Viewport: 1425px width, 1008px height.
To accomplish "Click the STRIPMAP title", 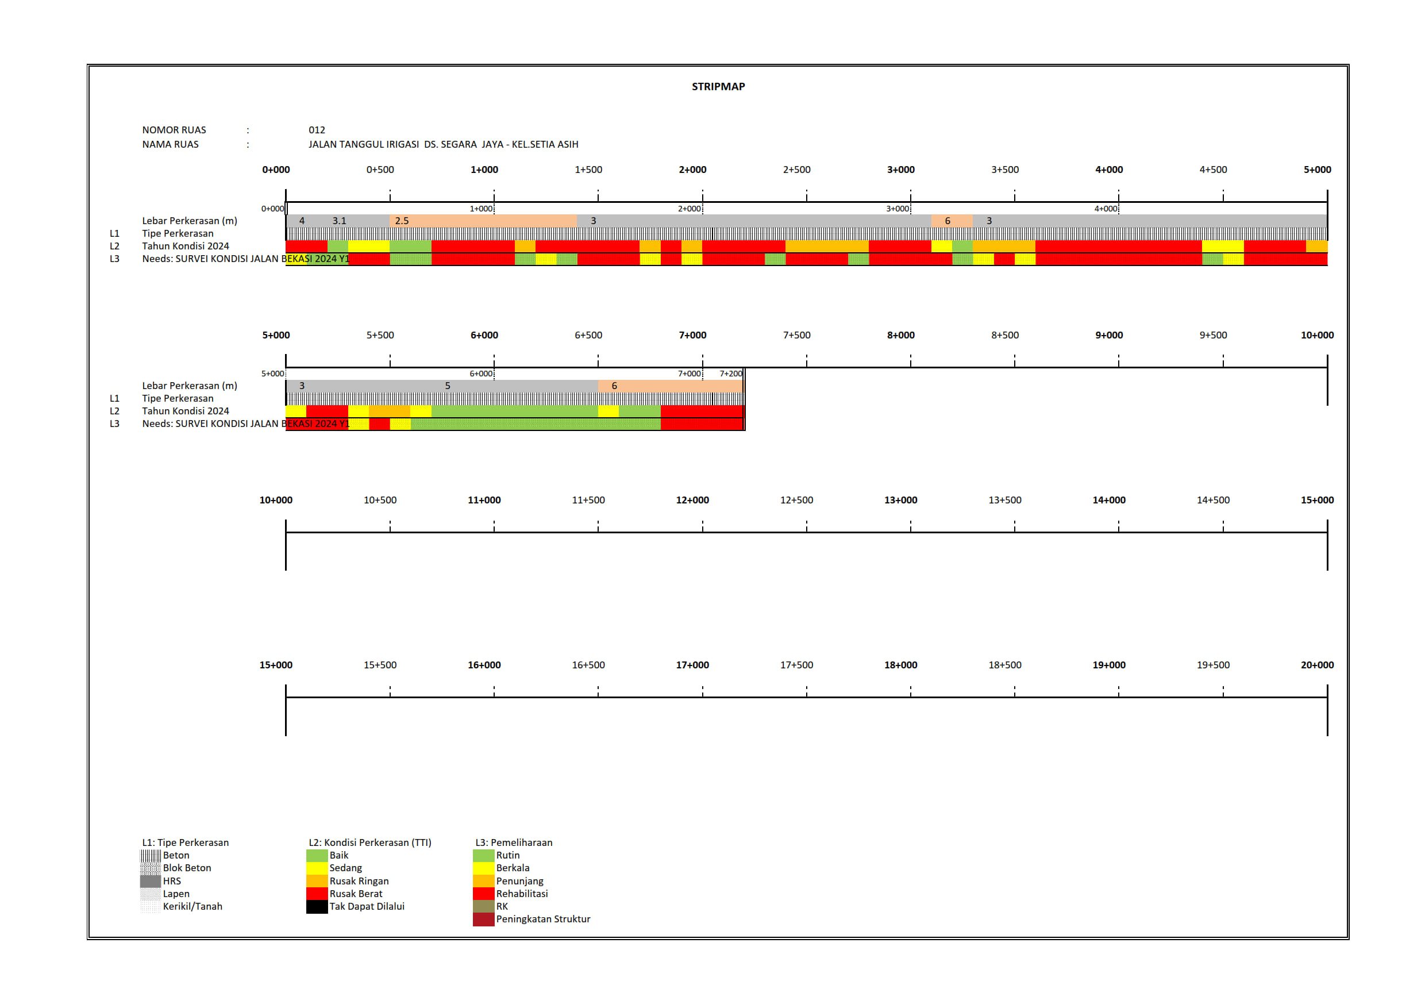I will [718, 86].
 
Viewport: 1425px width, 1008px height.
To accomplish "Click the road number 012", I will [317, 130].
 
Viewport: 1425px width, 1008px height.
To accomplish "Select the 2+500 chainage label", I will [796, 170].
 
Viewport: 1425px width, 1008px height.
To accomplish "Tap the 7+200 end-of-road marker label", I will [730, 374].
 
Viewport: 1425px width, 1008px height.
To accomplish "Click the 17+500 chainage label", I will [796, 665].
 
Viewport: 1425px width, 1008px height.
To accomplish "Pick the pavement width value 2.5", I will [402, 221].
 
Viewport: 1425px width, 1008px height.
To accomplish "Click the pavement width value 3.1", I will [339, 221].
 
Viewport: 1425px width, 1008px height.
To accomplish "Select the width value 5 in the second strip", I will [448, 386].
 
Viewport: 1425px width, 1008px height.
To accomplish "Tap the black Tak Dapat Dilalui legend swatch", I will [317, 906].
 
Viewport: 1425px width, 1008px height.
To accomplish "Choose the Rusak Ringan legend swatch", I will [317, 881].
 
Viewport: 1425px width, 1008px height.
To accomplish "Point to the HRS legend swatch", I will [150, 881].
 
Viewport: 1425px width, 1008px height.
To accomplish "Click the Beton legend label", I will [176, 855].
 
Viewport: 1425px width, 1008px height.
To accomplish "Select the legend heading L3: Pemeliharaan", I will [513, 842].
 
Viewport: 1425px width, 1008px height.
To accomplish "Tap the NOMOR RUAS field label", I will [174, 130].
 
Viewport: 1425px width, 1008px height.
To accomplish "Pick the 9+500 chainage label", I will [1213, 335].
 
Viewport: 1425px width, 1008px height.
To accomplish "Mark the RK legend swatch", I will [483, 906].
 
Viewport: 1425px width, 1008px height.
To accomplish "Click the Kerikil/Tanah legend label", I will [192, 906].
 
